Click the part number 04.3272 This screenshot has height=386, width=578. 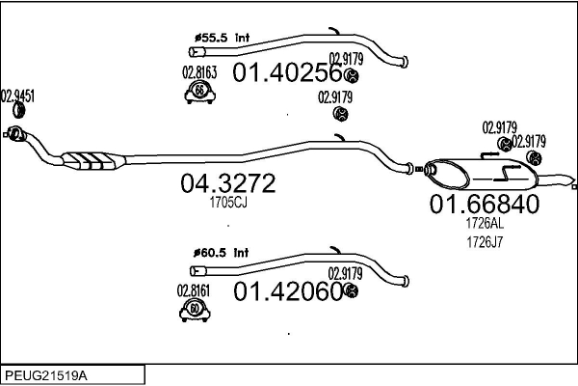pyautogui.click(x=227, y=182)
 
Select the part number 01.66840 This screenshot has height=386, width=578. pyautogui.click(x=485, y=204)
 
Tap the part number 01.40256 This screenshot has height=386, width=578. pyautogui.click(x=287, y=72)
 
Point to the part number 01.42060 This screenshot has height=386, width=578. pyautogui.click(x=288, y=291)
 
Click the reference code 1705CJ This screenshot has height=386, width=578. pyautogui.click(x=228, y=203)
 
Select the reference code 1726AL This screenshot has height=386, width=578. pyautogui.click(x=485, y=223)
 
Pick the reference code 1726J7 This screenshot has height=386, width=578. pyautogui.click(x=485, y=242)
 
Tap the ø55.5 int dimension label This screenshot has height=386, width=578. pyautogui.click(x=222, y=38)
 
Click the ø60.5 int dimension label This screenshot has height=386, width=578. pyautogui.click(x=222, y=253)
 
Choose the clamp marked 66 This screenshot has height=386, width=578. pyautogui.click(x=199, y=93)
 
